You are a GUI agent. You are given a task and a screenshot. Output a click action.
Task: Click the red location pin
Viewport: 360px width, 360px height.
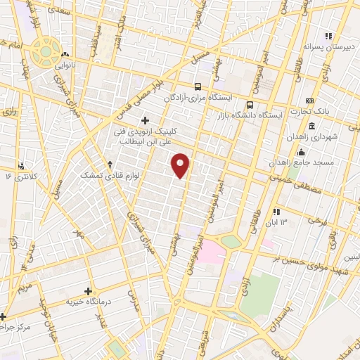(181, 165)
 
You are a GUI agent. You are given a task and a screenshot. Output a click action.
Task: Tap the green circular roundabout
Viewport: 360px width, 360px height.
(47, 51)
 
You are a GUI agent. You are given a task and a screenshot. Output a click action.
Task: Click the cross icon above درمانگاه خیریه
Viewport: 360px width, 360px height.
(89, 290)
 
